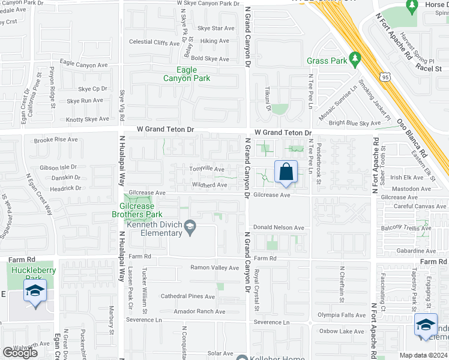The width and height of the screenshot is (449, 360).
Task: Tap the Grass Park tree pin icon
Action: pyautogui.click(x=355, y=58)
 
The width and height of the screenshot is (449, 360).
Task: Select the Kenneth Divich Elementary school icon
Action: pyautogui.click(x=190, y=226)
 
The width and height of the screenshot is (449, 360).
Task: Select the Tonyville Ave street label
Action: pyautogui.click(x=208, y=170)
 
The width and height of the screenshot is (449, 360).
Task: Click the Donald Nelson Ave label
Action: pyautogui.click(x=279, y=228)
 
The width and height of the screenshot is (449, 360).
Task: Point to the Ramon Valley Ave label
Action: pyautogui.click(x=215, y=268)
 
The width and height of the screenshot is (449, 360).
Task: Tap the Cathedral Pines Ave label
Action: pyautogui.click(x=187, y=296)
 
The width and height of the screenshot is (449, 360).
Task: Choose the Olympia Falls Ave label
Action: pyautogui.click(x=341, y=315)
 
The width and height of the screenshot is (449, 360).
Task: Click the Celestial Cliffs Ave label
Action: pyautogui.click(x=154, y=43)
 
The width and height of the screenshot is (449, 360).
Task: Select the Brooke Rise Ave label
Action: pyautogui.click(x=56, y=140)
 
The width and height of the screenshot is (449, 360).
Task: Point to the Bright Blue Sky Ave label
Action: pyautogui.click(x=355, y=123)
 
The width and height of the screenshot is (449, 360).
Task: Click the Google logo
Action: pyautogui.click(x=20, y=353)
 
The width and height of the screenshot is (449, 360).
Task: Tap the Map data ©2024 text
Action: pyautogui.click(x=423, y=355)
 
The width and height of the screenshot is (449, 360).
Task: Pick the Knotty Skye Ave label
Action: pyautogui.click(x=88, y=119)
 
